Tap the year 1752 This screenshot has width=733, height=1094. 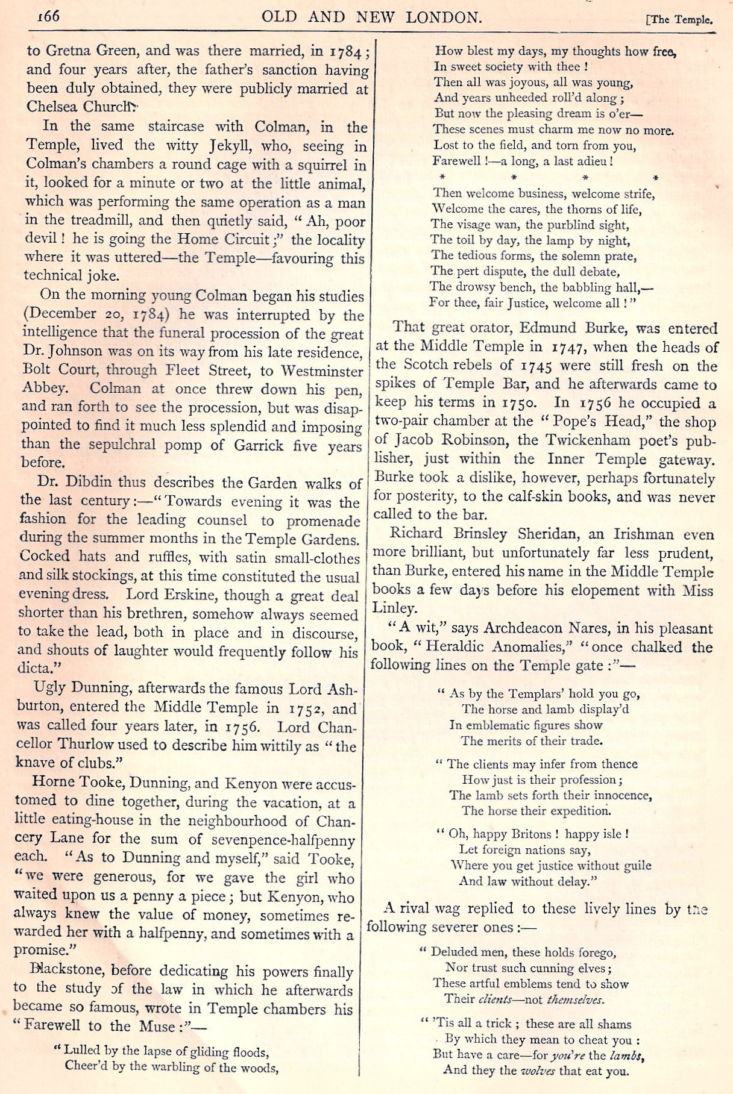[x=304, y=708]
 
